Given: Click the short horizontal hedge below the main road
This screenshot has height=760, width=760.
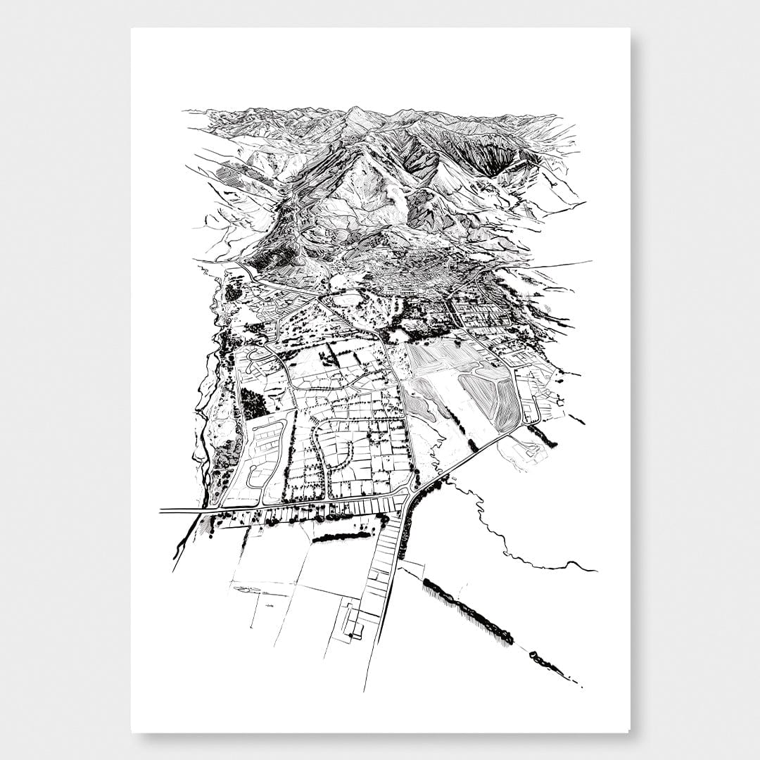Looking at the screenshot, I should pos(342,537).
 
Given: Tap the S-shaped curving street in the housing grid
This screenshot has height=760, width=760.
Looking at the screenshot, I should pos(327,450).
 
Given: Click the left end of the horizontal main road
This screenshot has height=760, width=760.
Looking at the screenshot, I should pos(162,509).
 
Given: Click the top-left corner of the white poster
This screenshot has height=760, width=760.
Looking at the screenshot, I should pos(132,29).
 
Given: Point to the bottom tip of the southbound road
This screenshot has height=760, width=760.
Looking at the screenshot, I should pos(365,688).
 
